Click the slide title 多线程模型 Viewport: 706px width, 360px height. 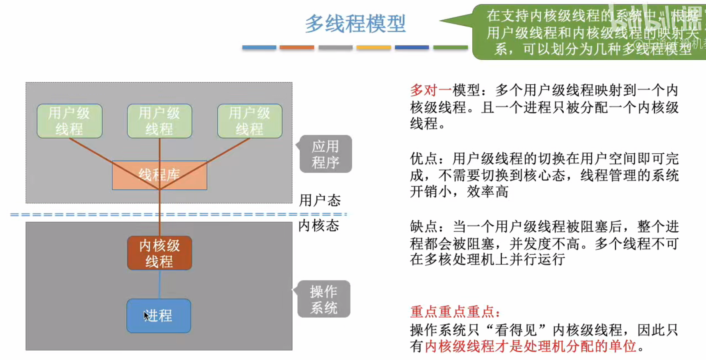pyautogui.click(x=355, y=24)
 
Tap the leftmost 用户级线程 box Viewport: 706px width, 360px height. pyautogui.click(x=70, y=121)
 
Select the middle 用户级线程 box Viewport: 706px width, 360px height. pyautogui.click(x=160, y=121)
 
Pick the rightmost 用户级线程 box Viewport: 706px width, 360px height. pyautogui.click(x=250, y=121)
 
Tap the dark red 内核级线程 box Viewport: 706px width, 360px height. pyautogui.click(x=160, y=253)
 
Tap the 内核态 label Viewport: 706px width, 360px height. pyautogui.click(x=319, y=226)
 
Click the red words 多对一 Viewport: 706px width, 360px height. pyautogui.click(x=431, y=90)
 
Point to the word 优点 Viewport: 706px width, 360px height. pyautogui.click(x=424, y=159)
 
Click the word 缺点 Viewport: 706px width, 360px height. pyautogui.click(x=424, y=227)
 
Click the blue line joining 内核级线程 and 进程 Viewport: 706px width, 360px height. pyautogui.click(x=160, y=284)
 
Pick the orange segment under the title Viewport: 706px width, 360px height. pyautogui.click(x=297, y=47)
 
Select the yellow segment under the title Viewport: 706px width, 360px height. pyautogui.click(x=374, y=47)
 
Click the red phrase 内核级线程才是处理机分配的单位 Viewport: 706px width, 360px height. pyautogui.click(x=531, y=346)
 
